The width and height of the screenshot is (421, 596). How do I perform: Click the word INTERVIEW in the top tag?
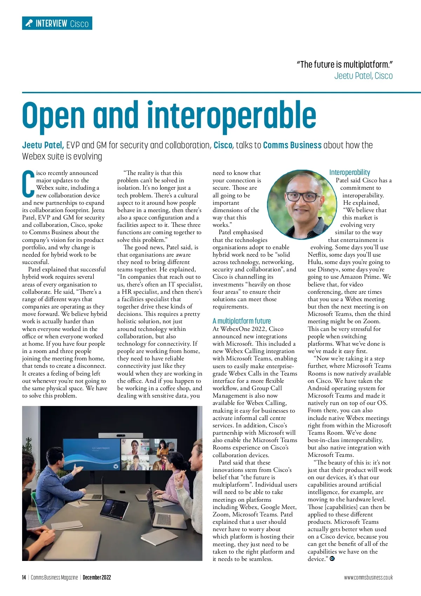51,23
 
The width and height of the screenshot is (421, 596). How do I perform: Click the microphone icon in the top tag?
29,23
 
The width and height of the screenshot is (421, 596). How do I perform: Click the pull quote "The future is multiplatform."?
345,65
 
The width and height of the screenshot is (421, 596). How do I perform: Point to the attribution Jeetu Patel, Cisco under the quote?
363,76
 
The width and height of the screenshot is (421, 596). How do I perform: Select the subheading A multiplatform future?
242,321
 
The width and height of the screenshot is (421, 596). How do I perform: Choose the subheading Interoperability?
349,172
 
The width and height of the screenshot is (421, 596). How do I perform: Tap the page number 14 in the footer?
24,577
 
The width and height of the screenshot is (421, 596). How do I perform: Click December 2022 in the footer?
97,577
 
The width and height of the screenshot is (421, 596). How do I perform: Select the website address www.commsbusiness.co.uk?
368,577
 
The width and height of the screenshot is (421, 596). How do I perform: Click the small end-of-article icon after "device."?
332,559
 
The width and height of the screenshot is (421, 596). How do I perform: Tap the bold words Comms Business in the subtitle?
292,145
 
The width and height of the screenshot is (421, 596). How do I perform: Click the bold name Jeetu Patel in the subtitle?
43,145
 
